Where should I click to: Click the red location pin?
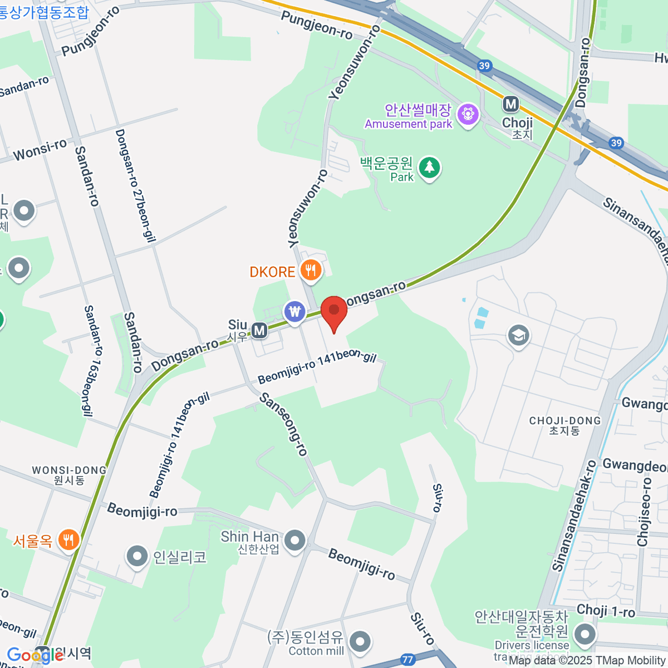[334, 311]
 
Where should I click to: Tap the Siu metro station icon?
[259, 331]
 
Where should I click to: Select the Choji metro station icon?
[510, 104]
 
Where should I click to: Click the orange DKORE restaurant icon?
[311, 271]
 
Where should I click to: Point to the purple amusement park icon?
[468, 115]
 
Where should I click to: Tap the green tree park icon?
[429, 167]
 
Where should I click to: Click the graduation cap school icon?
[518, 336]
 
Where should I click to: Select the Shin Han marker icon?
[294, 540]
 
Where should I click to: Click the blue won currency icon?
[294, 311]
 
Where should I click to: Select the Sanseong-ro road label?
[284, 424]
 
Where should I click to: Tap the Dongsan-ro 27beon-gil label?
[134, 186]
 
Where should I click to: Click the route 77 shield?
[408, 660]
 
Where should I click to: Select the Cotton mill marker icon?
[360, 641]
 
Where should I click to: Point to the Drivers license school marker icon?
[584, 634]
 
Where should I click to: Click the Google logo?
[35, 656]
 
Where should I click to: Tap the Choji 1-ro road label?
[606, 611]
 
